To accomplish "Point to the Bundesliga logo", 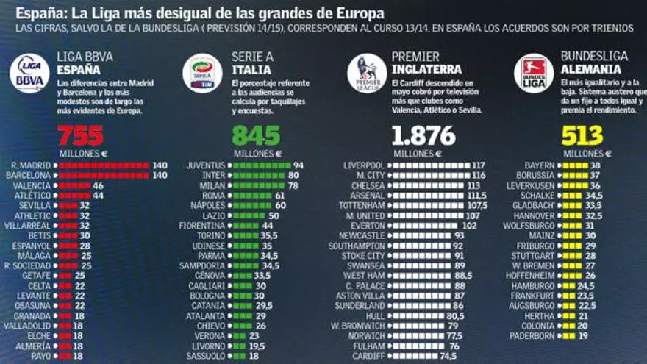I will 534,73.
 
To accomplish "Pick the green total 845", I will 256,135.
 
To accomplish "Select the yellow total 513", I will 582,135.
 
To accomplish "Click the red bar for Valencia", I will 74,187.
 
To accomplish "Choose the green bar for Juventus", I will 260,165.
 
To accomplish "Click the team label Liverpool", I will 364,165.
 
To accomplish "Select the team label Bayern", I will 540,165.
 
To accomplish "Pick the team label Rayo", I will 41,355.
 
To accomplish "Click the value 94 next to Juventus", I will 298,165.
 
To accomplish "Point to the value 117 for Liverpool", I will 479,165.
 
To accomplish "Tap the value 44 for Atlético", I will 99,197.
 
